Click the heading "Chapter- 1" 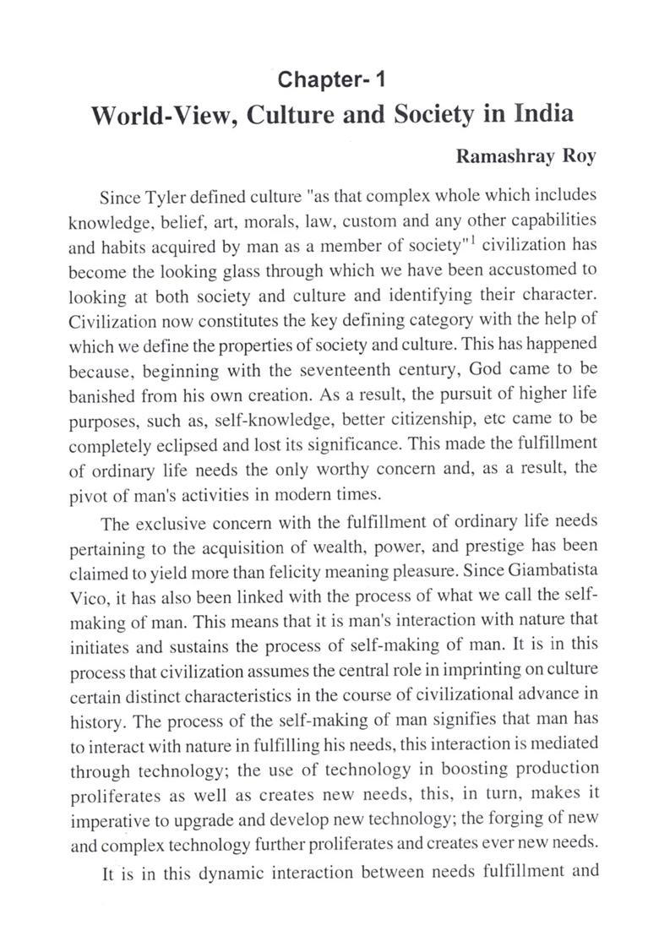click(332, 80)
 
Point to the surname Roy click(580, 156)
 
